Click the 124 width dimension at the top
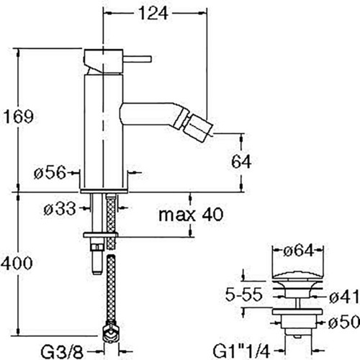[x=154, y=13]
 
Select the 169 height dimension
[x=19, y=117]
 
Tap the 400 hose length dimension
[x=17, y=264]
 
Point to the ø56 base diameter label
[x=50, y=172]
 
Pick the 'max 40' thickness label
[x=191, y=215]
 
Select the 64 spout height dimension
[x=241, y=161]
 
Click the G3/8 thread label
[x=62, y=352]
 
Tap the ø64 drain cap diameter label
[x=298, y=251]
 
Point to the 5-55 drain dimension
[x=243, y=294]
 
